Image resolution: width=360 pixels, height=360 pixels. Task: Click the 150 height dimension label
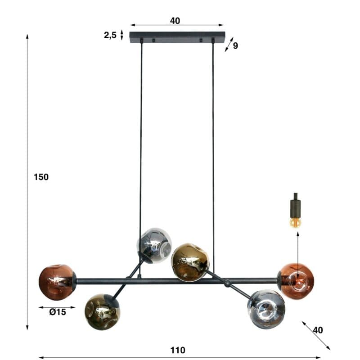[x=41, y=177]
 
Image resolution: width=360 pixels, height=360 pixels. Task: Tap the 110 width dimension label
[x=178, y=350]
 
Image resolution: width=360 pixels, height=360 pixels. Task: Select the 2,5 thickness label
[x=110, y=36]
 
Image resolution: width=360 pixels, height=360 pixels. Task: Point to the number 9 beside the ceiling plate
[x=235, y=46]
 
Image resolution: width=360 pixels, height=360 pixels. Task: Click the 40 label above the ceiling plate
[x=175, y=21]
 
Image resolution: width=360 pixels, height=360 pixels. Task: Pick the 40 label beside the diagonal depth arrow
[x=318, y=330]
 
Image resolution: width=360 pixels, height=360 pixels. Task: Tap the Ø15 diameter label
[x=58, y=312]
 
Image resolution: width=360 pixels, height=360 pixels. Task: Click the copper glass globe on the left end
[x=57, y=282]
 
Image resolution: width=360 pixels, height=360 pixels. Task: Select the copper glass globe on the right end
[x=296, y=281]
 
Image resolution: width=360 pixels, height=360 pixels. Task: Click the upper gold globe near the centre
[x=190, y=262]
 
